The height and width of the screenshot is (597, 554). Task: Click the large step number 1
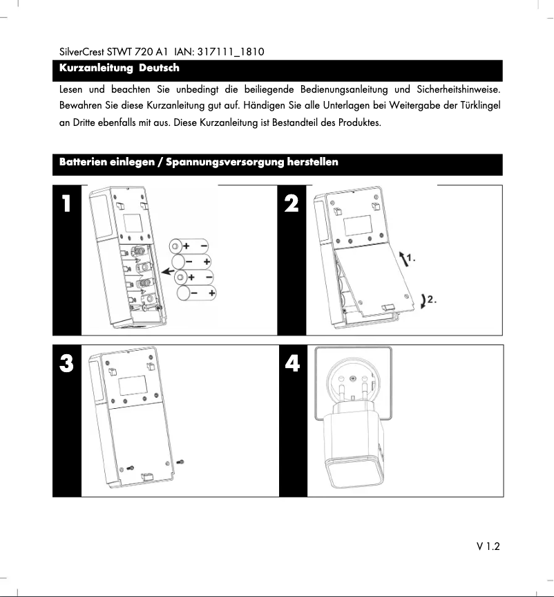(x=66, y=204)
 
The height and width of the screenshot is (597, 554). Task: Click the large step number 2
(x=292, y=204)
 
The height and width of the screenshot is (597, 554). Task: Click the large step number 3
(x=66, y=364)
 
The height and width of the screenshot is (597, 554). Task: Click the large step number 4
(x=292, y=364)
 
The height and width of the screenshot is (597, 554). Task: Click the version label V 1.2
(x=487, y=547)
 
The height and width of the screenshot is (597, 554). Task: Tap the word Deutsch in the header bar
(x=159, y=68)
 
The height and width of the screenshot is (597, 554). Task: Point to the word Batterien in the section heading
(x=83, y=163)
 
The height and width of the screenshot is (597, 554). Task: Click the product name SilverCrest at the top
(x=78, y=52)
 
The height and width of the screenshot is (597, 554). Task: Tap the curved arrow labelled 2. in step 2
(x=423, y=300)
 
